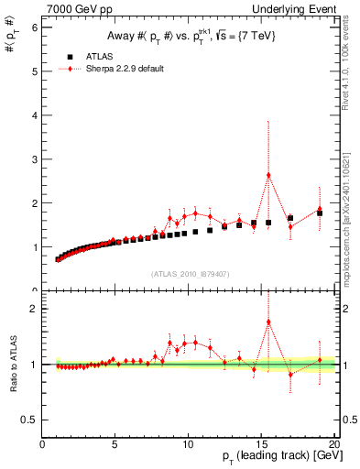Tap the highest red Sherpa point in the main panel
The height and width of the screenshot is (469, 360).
point(268,175)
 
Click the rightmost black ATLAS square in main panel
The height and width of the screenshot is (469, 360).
point(320,213)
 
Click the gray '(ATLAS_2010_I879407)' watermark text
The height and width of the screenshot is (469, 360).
point(189,273)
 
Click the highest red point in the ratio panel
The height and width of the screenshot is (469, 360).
point(268,322)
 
